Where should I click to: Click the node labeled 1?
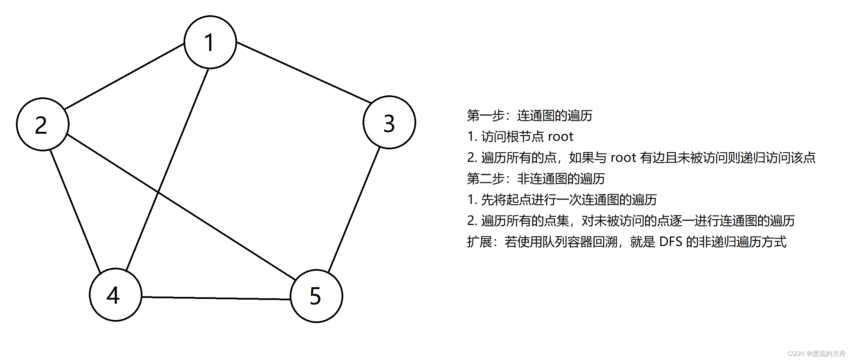tap(210, 42)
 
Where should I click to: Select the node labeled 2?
tap(42, 124)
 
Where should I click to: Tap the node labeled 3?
tap(389, 122)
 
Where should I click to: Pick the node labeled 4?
tap(115, 295)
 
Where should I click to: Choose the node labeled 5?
tap(316, 296)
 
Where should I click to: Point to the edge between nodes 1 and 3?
tap(304, 72)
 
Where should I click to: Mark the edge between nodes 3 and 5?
tap(354, 210)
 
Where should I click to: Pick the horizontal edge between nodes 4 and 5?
tap(216, 298)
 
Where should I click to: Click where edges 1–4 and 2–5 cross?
tap(158, 192)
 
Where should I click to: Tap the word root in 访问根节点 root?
tap(560, 137)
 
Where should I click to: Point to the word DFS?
tap(671, 242)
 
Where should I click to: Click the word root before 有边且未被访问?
tap(623, 158)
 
